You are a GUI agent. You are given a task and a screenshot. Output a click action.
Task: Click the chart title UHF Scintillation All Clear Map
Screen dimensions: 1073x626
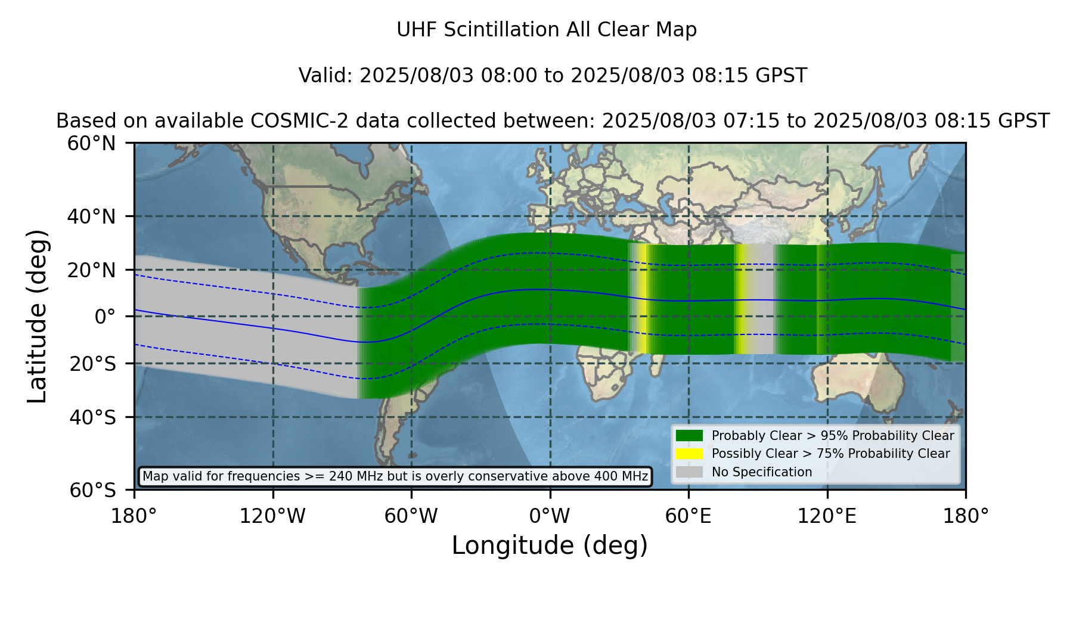(547, 30)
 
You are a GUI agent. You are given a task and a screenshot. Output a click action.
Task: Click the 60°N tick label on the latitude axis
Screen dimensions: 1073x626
(92, 144)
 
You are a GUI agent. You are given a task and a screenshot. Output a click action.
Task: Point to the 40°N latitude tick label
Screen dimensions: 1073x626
(92, 216)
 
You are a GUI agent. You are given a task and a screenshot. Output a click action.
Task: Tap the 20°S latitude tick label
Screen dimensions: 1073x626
(93, 364)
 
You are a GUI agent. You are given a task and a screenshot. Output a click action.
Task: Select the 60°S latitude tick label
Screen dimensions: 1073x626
(93, 491)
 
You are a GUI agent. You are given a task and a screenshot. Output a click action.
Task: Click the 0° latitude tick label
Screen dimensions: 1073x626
(105, 317)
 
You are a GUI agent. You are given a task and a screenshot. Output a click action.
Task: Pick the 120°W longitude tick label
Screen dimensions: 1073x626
(272, 516)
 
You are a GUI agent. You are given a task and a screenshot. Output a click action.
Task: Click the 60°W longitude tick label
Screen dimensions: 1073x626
(411, 516)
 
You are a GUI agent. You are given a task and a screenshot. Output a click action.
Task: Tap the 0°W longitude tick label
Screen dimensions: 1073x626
(550, 516)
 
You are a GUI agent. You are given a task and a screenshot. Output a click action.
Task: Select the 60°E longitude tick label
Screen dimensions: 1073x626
(689, 516)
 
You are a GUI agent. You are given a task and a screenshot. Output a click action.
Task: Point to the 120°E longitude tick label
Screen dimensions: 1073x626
(827, 516)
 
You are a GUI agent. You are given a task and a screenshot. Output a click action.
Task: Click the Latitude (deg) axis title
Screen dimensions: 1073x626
(37, 316)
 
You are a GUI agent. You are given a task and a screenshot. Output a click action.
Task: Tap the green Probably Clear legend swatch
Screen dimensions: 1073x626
(689, 436)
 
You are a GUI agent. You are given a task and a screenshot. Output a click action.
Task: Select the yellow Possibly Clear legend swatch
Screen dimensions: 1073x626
(689, 454)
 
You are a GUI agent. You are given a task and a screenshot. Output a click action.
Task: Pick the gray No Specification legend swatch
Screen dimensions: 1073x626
(689, 472)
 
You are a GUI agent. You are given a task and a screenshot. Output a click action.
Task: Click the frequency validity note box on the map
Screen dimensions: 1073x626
(395, 476)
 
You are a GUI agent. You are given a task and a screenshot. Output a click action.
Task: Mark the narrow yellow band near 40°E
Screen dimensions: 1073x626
(644, 298)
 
